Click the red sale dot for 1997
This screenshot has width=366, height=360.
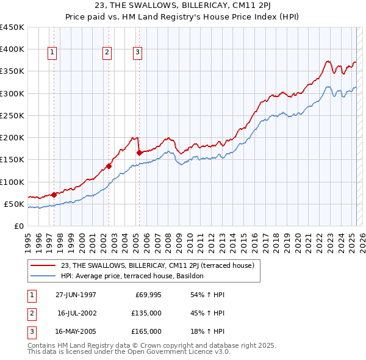[x=54, y=195]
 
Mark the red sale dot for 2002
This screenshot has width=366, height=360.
[x=109, y=166]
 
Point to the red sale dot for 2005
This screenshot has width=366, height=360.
[x=139, y=153]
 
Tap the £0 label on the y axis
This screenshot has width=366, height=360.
[x=18, y=226]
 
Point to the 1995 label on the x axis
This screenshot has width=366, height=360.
[x=28, y=238]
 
